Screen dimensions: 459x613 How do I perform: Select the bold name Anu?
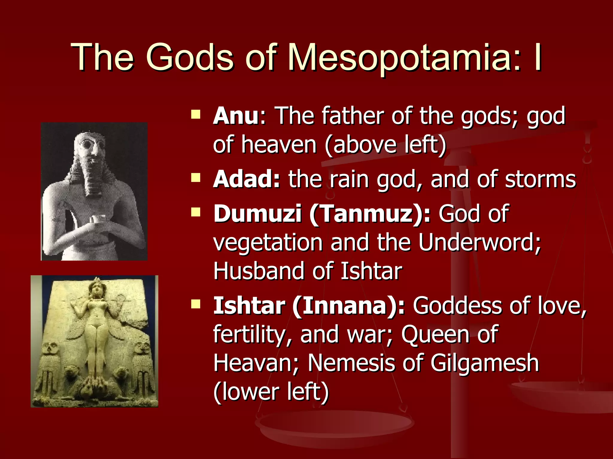pyautogui.click(x=236, y=116)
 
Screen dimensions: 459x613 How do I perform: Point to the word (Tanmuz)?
pyautogui.click(x=370, y=214)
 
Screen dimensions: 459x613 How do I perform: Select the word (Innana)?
pyautogui.click(x=349, y=306)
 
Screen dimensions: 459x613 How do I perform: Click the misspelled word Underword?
pyautogui.click(x=479, y=242)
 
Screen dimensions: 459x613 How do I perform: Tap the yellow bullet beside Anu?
pyautogui.click(x=196, y=114)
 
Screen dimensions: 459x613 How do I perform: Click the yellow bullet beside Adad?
pyautogui.click(x=196, y=178)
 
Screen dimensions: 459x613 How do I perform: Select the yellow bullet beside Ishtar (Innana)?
pyautogui.click(x=196, y=304)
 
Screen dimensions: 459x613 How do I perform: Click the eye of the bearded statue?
pyautogui.click(x=88, y=145)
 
